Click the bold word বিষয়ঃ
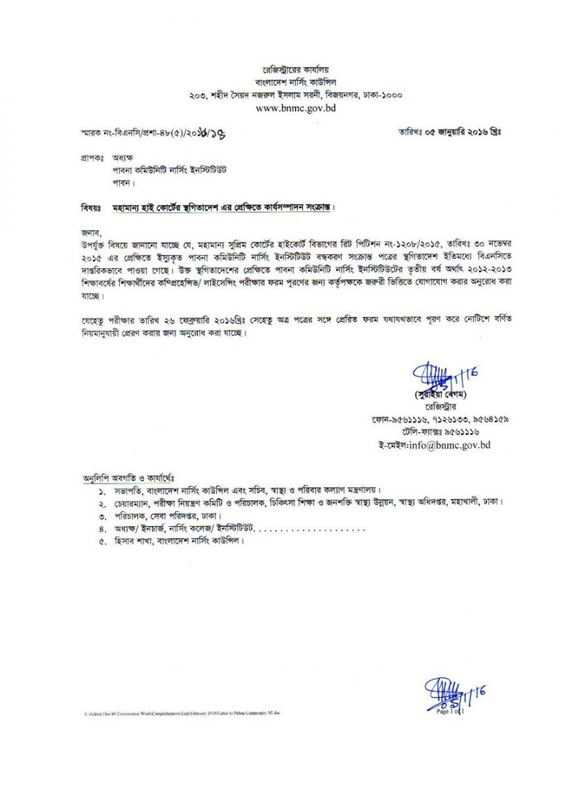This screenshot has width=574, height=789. pos(92,207)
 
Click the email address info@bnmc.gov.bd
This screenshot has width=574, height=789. pos(433,443)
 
